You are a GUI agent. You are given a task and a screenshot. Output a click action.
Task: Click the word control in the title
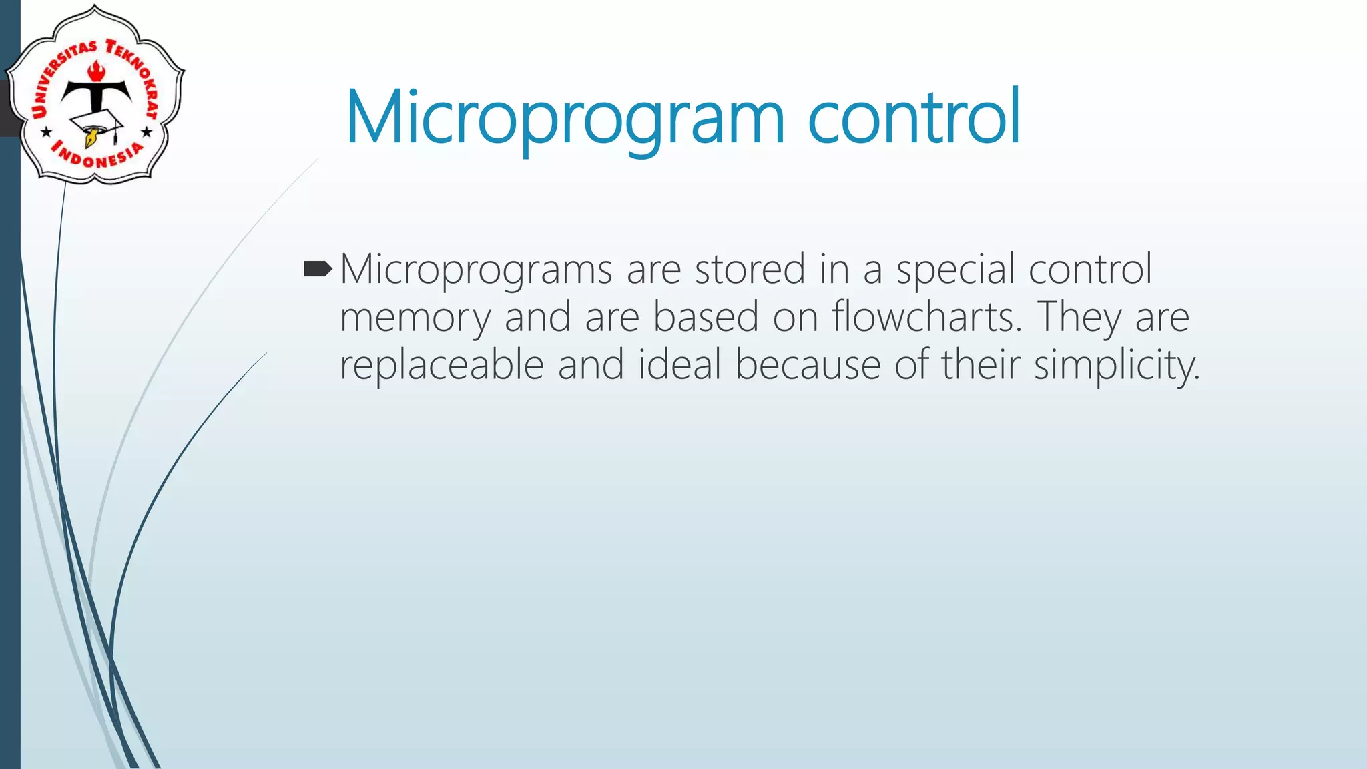point(914,117)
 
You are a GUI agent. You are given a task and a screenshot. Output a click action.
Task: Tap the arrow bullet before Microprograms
point(317,270)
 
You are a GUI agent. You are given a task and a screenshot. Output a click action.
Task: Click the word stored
point(750,269)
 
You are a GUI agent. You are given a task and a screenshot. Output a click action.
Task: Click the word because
point(808,365)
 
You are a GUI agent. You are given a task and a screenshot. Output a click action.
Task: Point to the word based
point(706,316)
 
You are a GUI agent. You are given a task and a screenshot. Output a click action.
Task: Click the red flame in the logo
point(97,69)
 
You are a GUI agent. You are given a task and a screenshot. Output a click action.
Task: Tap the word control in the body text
point(1090,269)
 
